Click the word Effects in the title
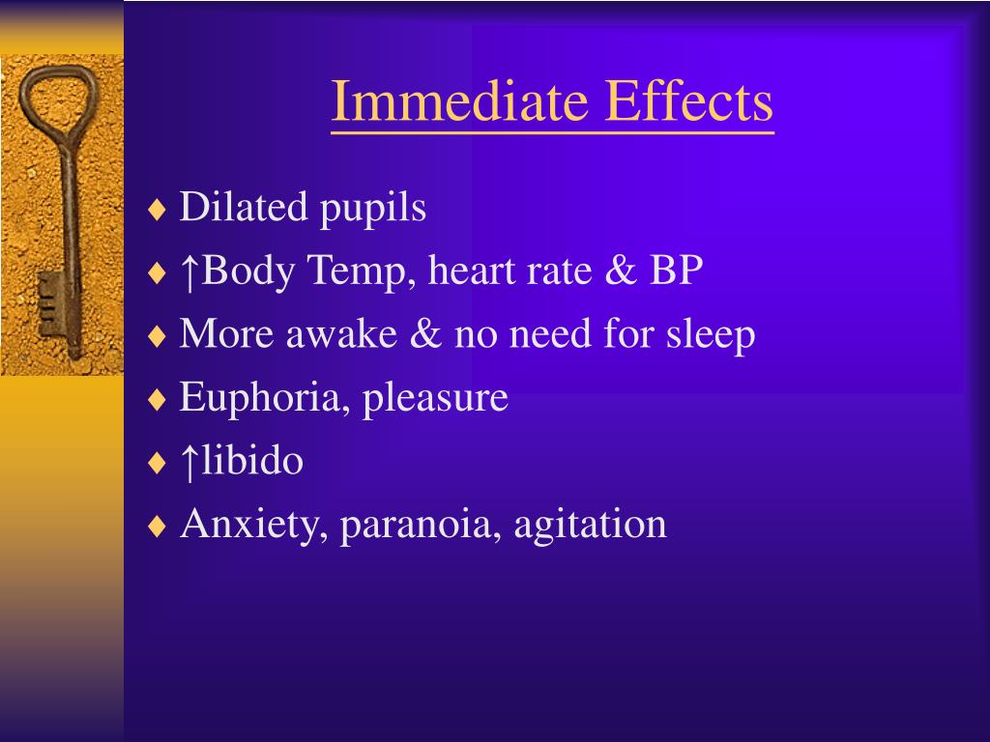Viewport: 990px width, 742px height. pos(689,101)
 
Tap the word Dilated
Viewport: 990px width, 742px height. pos(244,207)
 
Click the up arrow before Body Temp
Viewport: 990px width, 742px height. pos(190,271)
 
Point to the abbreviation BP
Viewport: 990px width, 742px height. pos(676,271)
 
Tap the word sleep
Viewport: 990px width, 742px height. pos(711,336)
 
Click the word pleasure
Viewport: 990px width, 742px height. pos(435,399)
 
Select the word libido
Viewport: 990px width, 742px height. pos(252,461)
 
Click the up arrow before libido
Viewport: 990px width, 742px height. pos(190,461)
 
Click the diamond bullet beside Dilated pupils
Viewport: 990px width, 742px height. pos(158,210)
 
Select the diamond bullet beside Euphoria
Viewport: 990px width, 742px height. pos(158,400)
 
